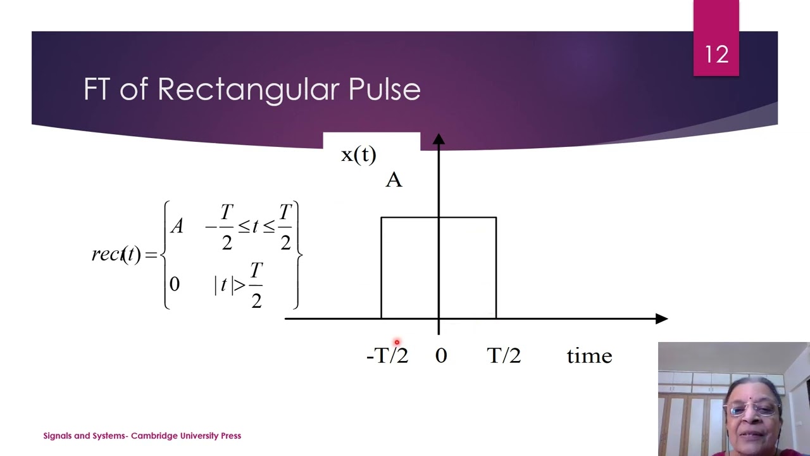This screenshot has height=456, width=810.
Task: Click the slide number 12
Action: (716, 54)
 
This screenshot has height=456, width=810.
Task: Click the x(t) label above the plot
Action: (358, 155)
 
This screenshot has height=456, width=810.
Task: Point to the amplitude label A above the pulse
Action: (394, 180)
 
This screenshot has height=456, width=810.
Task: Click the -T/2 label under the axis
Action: (387, 356)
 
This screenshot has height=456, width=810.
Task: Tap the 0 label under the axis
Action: (441, 356)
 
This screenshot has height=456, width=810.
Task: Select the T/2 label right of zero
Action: (504, 356)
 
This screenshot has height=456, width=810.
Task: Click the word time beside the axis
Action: (589, 356)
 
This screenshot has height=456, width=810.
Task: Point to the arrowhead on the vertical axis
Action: (439, 139)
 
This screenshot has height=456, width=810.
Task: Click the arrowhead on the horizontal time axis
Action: (661, 319)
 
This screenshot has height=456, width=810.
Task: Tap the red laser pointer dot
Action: (397, 343)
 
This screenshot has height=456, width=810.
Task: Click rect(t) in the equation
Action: (116, 255)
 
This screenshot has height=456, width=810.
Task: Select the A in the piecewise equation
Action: (177, 226)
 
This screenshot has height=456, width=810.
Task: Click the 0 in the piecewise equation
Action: (175, 284)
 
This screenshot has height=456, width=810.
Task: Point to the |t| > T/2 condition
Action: (238, 284)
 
